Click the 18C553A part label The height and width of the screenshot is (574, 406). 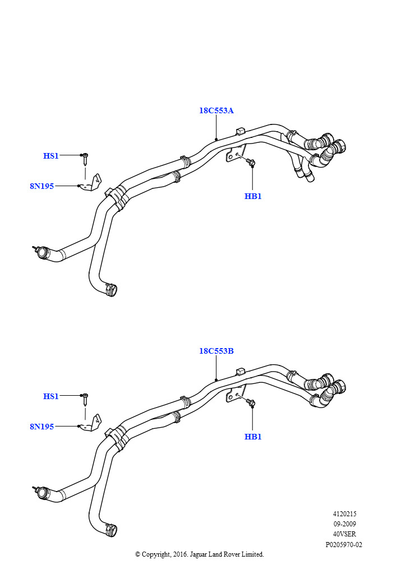click(x=216, y=110)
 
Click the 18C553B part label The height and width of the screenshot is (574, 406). click(x=216, y=351)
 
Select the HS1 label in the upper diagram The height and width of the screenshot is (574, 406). click(x=51, y=156)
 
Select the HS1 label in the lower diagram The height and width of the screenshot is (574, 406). click(x=51, y=396)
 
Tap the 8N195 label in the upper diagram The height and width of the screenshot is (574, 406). click(x=41, y=186)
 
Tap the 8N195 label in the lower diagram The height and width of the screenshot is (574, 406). click(x=41, y=427)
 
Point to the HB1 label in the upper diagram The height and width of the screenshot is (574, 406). click(x=253, y=196)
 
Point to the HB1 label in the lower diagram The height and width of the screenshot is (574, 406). click(x=253, y=437)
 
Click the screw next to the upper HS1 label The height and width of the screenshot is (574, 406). click(x=85, y=160)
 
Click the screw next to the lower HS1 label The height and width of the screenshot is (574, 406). click(x=85, y=400)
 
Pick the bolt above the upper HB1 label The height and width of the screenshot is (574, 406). click(x=251, y=162)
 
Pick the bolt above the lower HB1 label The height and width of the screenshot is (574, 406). click(x=251, y=402)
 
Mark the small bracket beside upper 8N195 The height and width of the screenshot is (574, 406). click(x=93, y=183)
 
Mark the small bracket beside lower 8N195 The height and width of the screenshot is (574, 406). click(x=93, y=423)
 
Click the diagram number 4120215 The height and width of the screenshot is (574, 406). click(x=344, y=514)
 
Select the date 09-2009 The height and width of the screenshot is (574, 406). click(x=344, y=524)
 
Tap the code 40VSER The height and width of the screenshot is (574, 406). click(x=344, y=534)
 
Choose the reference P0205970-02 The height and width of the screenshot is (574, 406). click(x=344, y=545)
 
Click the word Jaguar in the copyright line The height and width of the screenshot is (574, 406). click(x=196, y=555)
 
